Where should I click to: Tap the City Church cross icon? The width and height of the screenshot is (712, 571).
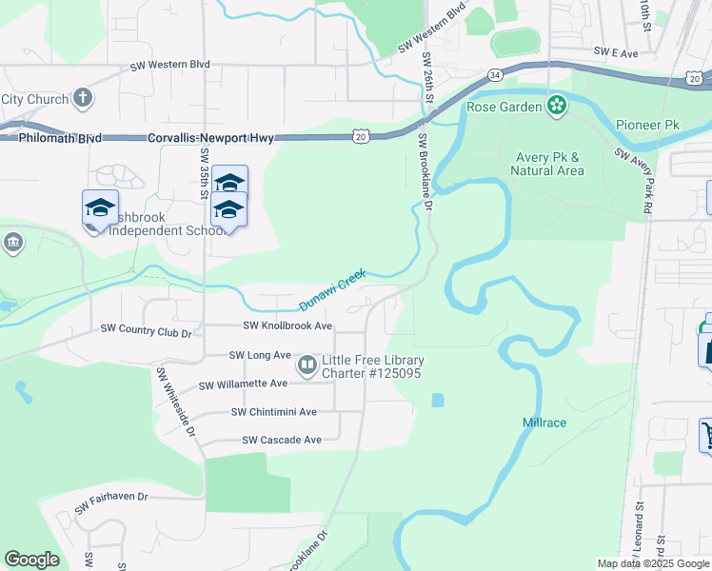coord(83,98)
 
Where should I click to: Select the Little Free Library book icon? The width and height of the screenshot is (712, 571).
coord(308,364)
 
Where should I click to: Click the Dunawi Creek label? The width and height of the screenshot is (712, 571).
coord(333,290)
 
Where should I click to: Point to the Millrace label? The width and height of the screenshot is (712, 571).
coord(544,422)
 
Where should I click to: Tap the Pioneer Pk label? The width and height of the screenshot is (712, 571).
coord(647,125)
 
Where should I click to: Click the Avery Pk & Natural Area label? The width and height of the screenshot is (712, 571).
coord(547,164)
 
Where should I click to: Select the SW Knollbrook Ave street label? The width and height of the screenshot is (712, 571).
coord(287,325)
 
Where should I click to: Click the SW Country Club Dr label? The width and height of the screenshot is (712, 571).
coord(147,331)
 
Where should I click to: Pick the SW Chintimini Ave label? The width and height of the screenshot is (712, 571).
coord(274,412)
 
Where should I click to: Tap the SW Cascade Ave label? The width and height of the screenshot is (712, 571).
coord(282,441)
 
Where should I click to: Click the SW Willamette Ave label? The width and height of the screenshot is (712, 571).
coord(243,384)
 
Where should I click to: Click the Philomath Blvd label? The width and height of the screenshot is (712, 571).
coord(59,139)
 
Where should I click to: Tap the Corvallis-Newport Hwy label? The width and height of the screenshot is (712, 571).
coord(210,139)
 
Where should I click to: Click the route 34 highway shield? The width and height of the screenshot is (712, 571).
coord(494,74)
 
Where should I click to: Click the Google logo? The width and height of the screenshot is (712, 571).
coord(32,560)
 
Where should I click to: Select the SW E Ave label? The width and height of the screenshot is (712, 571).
coord(615,53)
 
